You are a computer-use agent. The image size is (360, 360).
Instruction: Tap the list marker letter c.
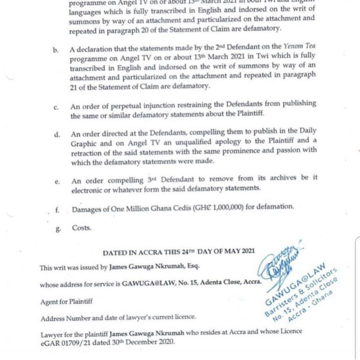(56, 108)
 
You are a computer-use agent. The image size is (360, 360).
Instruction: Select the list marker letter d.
(57, 135)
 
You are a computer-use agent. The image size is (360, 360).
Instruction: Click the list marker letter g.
(57, 229)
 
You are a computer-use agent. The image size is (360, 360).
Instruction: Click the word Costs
(81, 228)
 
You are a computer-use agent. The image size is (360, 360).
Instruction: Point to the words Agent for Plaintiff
(66, 302)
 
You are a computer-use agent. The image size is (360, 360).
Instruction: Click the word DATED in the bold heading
(115, 252)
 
